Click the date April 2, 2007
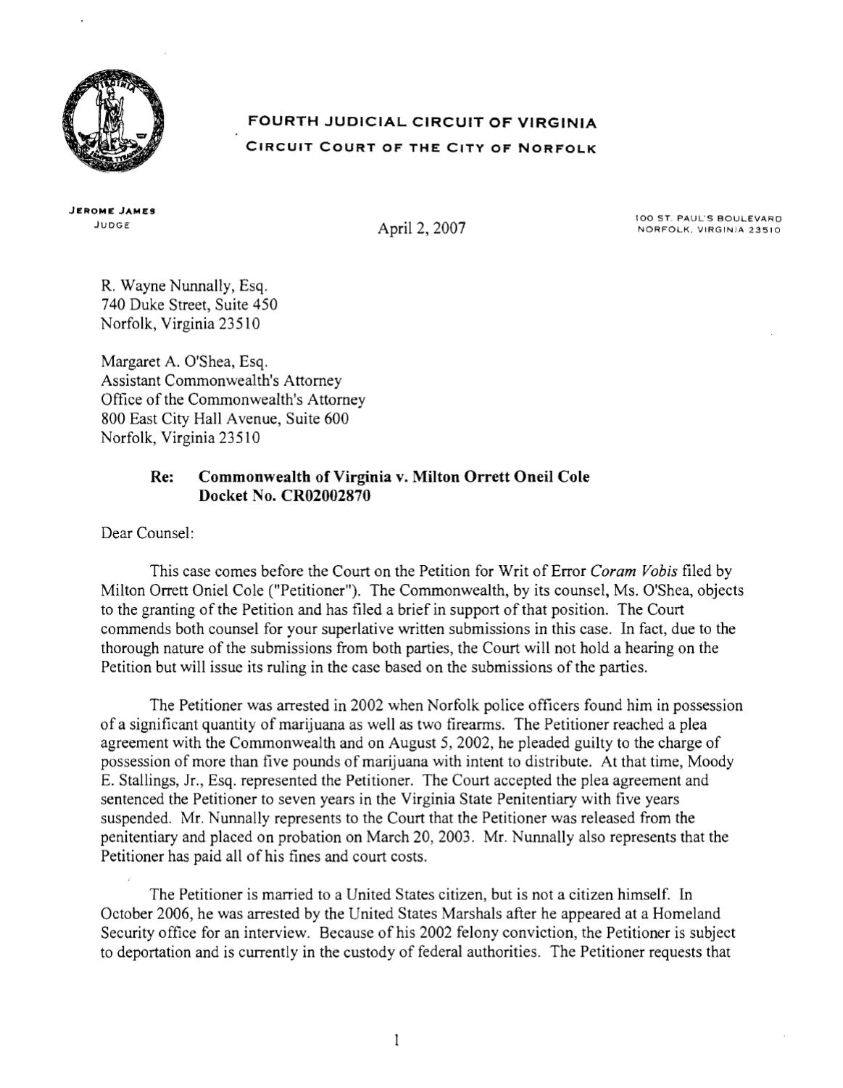421,229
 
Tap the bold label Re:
159,477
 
